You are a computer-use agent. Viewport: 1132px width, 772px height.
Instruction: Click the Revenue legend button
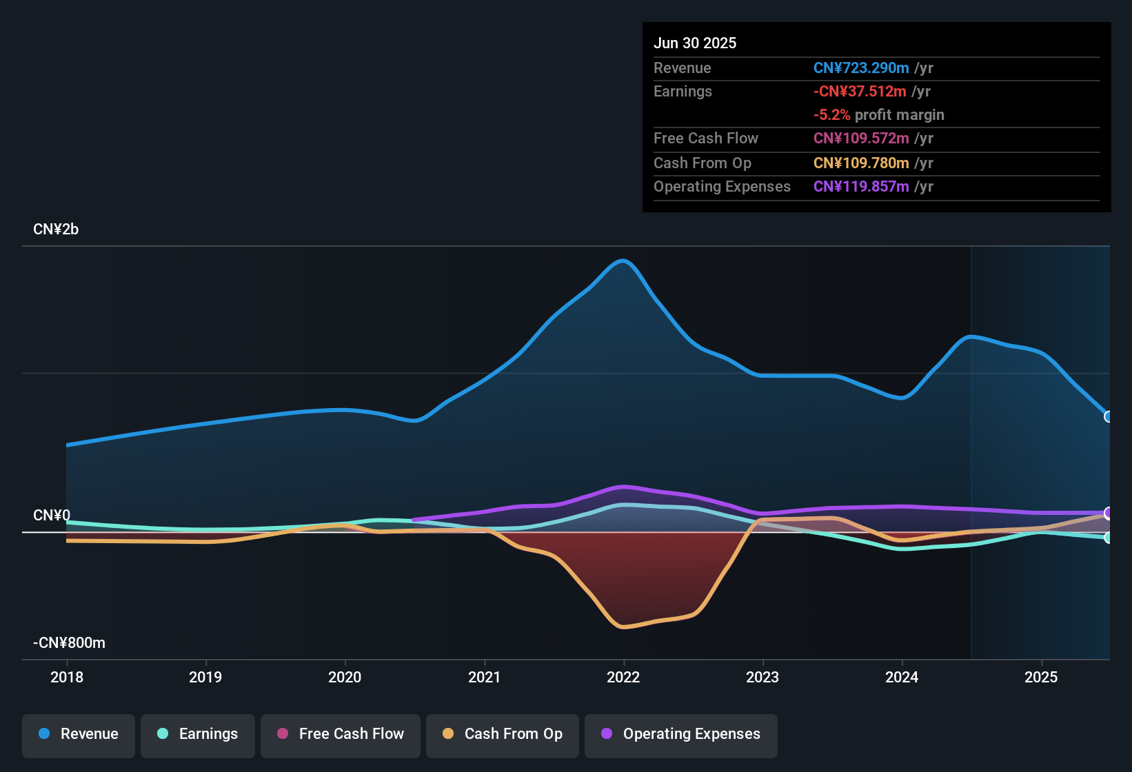[x=79, y=735]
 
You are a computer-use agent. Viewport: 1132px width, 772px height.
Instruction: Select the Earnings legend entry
[x=198, y=735]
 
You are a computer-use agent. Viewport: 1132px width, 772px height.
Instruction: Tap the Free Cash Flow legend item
[x=341, y=735]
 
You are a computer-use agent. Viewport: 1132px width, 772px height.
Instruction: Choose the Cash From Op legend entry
[x=503, y=735]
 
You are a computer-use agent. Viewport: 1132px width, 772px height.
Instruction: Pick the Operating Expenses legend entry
[x=681, y=735]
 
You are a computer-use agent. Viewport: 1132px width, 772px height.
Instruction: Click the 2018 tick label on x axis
[x=67, y=678]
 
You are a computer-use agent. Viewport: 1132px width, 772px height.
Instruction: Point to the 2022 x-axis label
[x=623, y=678]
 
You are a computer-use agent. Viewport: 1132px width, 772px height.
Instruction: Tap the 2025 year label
[x=1041, y=678]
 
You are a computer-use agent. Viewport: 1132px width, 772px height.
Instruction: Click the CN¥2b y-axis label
[x=56, y=230]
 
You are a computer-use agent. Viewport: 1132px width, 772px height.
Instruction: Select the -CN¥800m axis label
[x=69, y=643]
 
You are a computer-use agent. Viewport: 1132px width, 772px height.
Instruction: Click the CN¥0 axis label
[x=52, y=516]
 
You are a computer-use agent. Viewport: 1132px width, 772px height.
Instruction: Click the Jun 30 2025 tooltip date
[x=695, y=43]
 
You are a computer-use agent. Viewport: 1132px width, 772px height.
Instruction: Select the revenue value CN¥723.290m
[x=861, y=68]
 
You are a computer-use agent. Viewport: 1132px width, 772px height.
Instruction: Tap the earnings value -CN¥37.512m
[x=860, y=92]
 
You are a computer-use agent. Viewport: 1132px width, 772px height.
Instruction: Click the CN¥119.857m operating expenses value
[x=861, y=187]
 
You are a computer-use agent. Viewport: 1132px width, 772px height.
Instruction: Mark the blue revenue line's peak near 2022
[x=623, y=261]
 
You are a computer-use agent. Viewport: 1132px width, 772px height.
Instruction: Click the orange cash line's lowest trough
[x=623, y=627]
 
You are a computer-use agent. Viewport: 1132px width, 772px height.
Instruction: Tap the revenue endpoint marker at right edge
[x=1108, y=416]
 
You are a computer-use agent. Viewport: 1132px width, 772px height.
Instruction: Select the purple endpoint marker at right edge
[x=1108, y=513]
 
